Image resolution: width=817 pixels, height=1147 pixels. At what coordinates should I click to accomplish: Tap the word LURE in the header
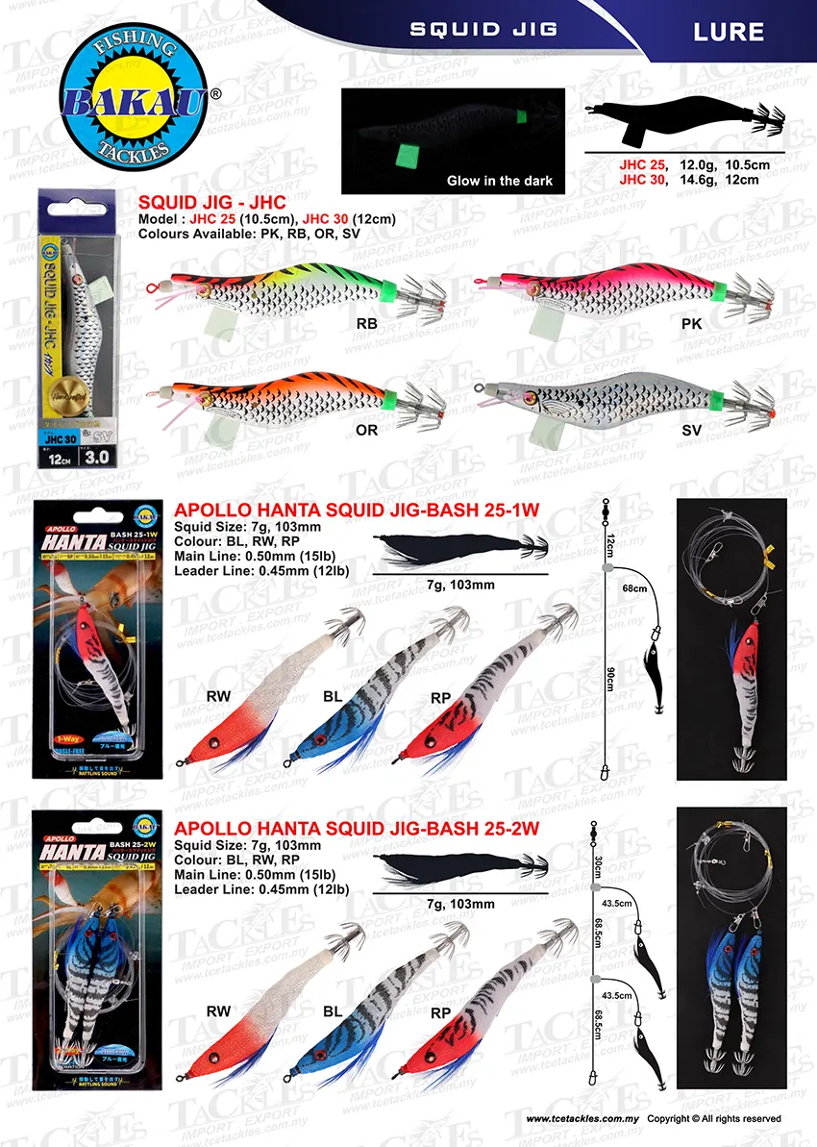pos(728,32)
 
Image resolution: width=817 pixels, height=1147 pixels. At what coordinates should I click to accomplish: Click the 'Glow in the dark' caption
pos(499,181)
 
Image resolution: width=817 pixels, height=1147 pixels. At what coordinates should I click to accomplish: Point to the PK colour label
pos(691,324)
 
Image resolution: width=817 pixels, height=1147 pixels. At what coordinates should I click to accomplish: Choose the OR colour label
pos(366,430)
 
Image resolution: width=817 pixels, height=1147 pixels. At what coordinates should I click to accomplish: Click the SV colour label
pos(691,431)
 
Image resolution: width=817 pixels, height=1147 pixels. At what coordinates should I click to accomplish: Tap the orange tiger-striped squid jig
pos(288,397)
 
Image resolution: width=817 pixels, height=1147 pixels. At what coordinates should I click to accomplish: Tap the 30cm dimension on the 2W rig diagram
pos(598,866)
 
